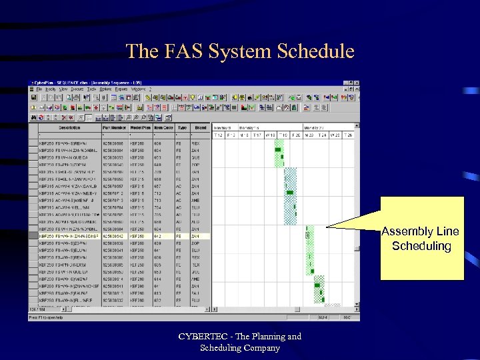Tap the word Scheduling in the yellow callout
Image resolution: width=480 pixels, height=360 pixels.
421,246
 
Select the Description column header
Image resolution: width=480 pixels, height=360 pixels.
69,127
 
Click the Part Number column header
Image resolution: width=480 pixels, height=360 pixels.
114,127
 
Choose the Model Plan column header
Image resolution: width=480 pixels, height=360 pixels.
139,127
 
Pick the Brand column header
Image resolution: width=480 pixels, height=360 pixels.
200,127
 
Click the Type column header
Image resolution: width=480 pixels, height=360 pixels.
181,127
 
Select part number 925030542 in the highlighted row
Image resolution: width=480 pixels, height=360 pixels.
114,236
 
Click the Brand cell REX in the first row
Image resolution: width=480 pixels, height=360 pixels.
195,142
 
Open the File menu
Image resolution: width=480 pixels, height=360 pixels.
39,89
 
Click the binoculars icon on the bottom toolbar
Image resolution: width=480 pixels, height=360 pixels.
33,117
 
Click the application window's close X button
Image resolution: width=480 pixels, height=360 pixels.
357,83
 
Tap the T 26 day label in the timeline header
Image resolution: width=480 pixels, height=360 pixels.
349,135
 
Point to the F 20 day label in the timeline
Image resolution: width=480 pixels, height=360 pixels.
295,135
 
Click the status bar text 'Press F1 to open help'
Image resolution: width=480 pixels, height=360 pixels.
47,318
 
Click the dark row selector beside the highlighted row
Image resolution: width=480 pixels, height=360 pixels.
33,236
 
